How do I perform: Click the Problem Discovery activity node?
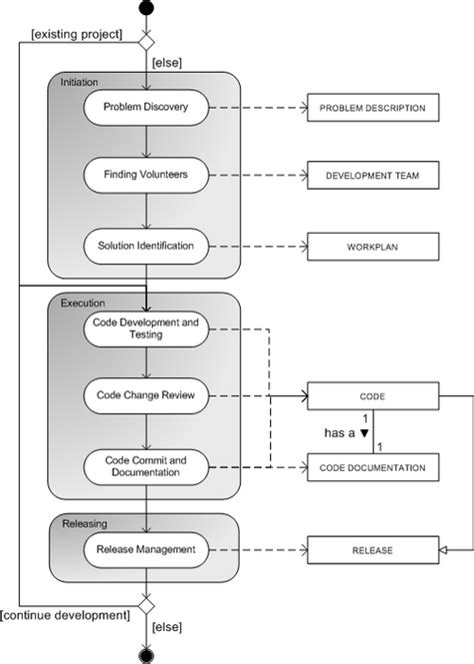(147, 107)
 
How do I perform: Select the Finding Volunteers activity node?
(147, 175)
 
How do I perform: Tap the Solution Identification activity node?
(147, 245)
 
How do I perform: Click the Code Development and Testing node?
(147, 329)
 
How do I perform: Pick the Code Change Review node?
(147, 396)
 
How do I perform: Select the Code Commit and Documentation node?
(147, 465)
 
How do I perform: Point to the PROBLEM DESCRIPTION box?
(372, 107)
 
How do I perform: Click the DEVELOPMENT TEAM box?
(372, 175)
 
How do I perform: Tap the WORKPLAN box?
(372, 245)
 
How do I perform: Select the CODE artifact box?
(372, 396)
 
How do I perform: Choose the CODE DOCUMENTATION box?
(372, 466)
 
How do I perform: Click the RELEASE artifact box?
(372, 548)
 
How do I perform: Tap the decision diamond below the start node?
(147, 42)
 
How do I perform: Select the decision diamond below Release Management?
(147, 605)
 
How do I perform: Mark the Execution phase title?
(82, 303)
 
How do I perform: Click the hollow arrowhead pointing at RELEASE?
(444, 548)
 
